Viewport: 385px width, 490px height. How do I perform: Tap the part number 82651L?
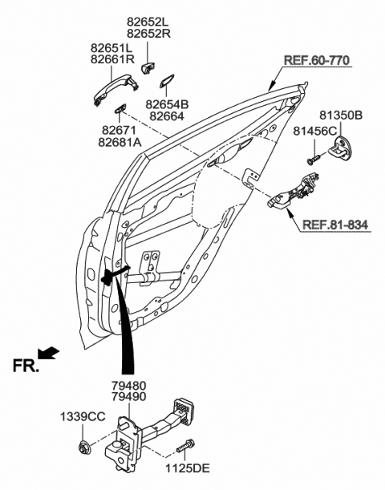pyautogui.click(x=111, y=48)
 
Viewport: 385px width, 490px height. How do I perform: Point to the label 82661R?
pyautogui.click(x=111, y=60)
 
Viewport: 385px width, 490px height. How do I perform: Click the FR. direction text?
pyautogui.click(x=26, y=366)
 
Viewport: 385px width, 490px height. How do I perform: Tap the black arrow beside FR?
pyautogui.click(x=50, y=352)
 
